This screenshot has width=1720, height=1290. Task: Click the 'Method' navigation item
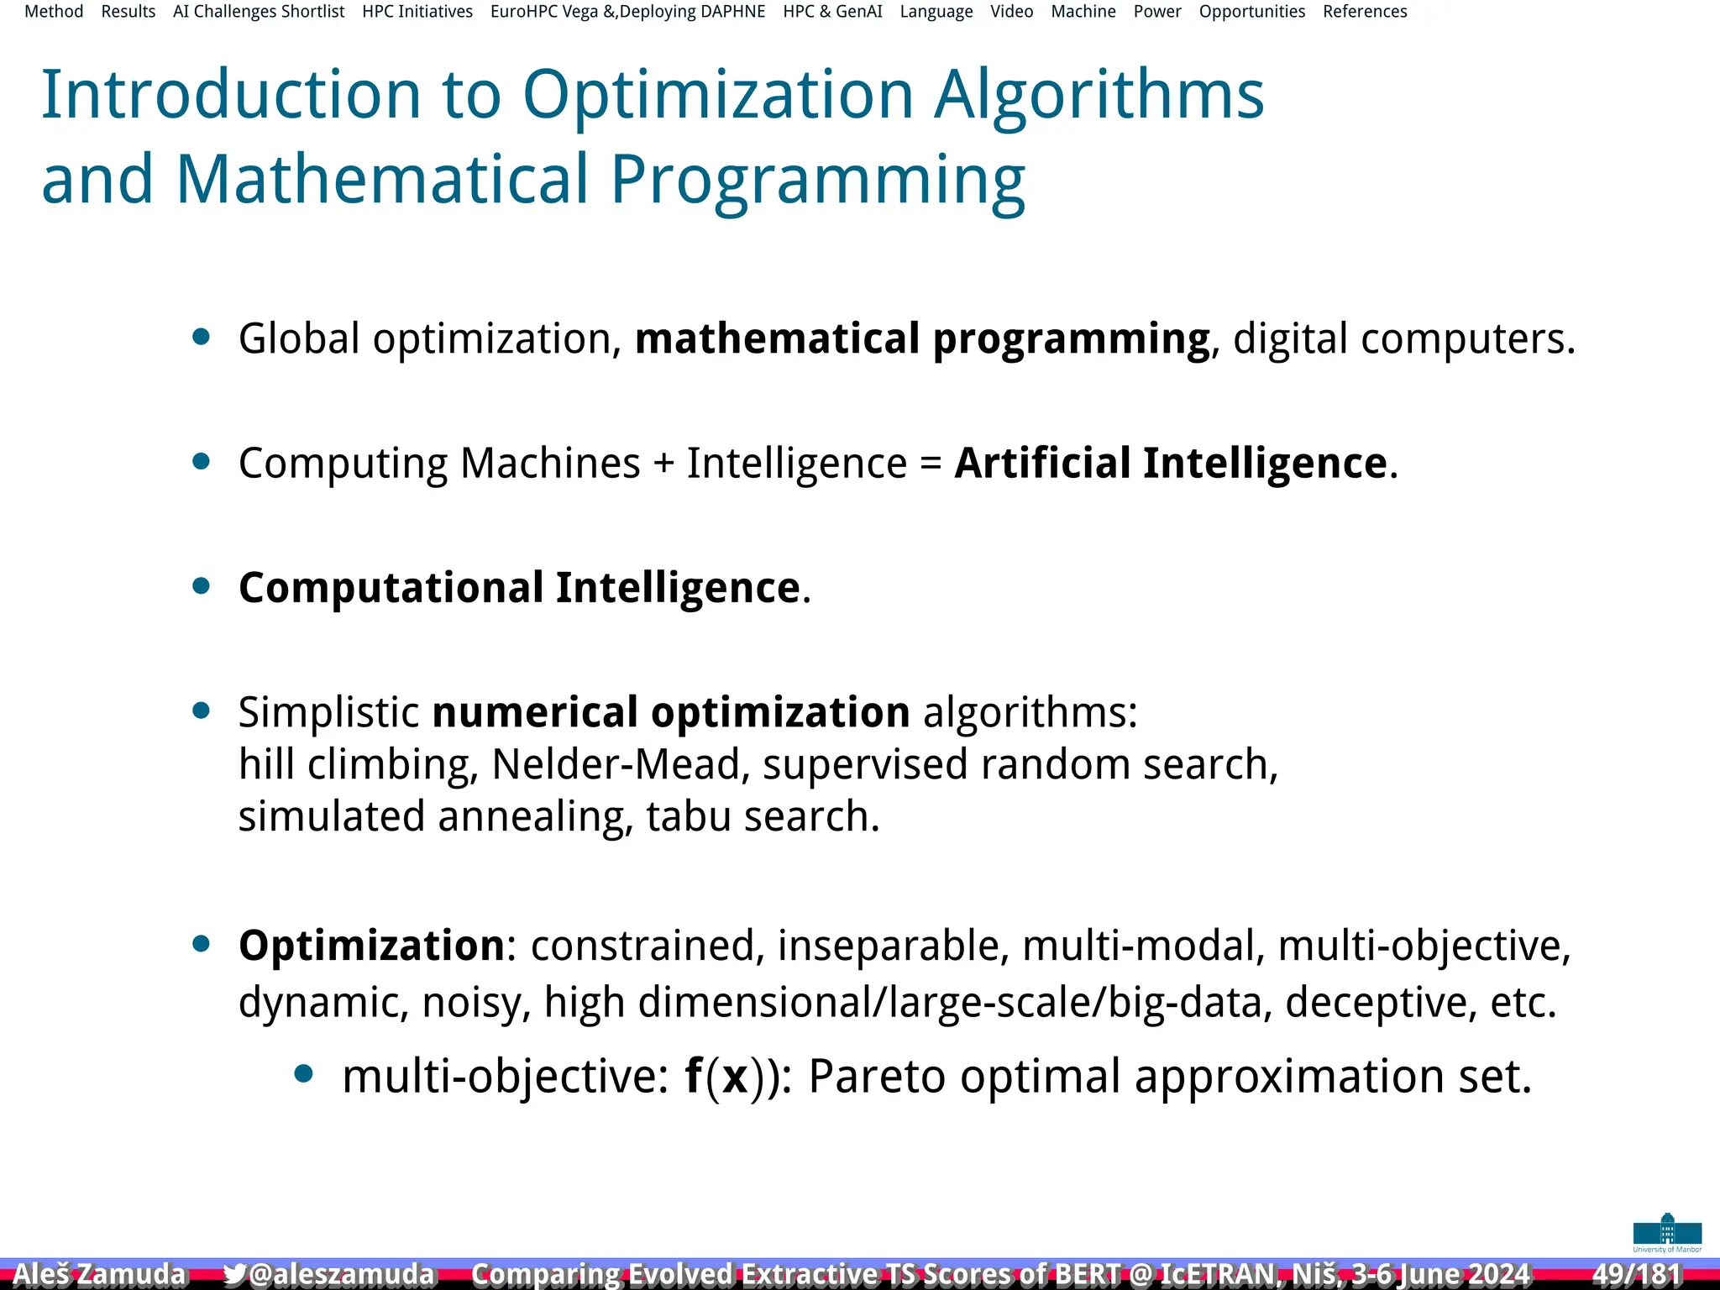coord(54,12)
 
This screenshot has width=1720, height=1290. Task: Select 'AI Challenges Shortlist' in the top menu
coord(259,12)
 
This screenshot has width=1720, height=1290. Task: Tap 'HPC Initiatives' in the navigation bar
coord(417,12)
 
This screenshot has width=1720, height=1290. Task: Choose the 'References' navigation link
coord(1365,12)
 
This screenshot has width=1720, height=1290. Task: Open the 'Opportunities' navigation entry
coord(1251,12)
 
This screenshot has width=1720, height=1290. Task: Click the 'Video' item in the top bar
coord(1011,12)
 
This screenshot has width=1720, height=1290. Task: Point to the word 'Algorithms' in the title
coord(1099,94)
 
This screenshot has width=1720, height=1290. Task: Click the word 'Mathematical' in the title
coord(382,179)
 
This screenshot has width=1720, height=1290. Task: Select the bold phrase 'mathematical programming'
coord(922,338)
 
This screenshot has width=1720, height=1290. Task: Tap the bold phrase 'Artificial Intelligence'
coord(1171,463)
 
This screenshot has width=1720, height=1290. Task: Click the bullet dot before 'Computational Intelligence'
coord(201,585)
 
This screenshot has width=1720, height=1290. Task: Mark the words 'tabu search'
coord(763,816)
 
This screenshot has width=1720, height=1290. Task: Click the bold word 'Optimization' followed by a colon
coord(371,946)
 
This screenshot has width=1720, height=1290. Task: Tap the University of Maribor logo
coord(1667,1233)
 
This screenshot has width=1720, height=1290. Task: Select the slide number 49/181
coord(1637,1274)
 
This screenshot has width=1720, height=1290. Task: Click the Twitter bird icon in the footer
coord(234,1274)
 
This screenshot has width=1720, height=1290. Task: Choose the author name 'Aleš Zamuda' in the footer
coord(99,1274)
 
